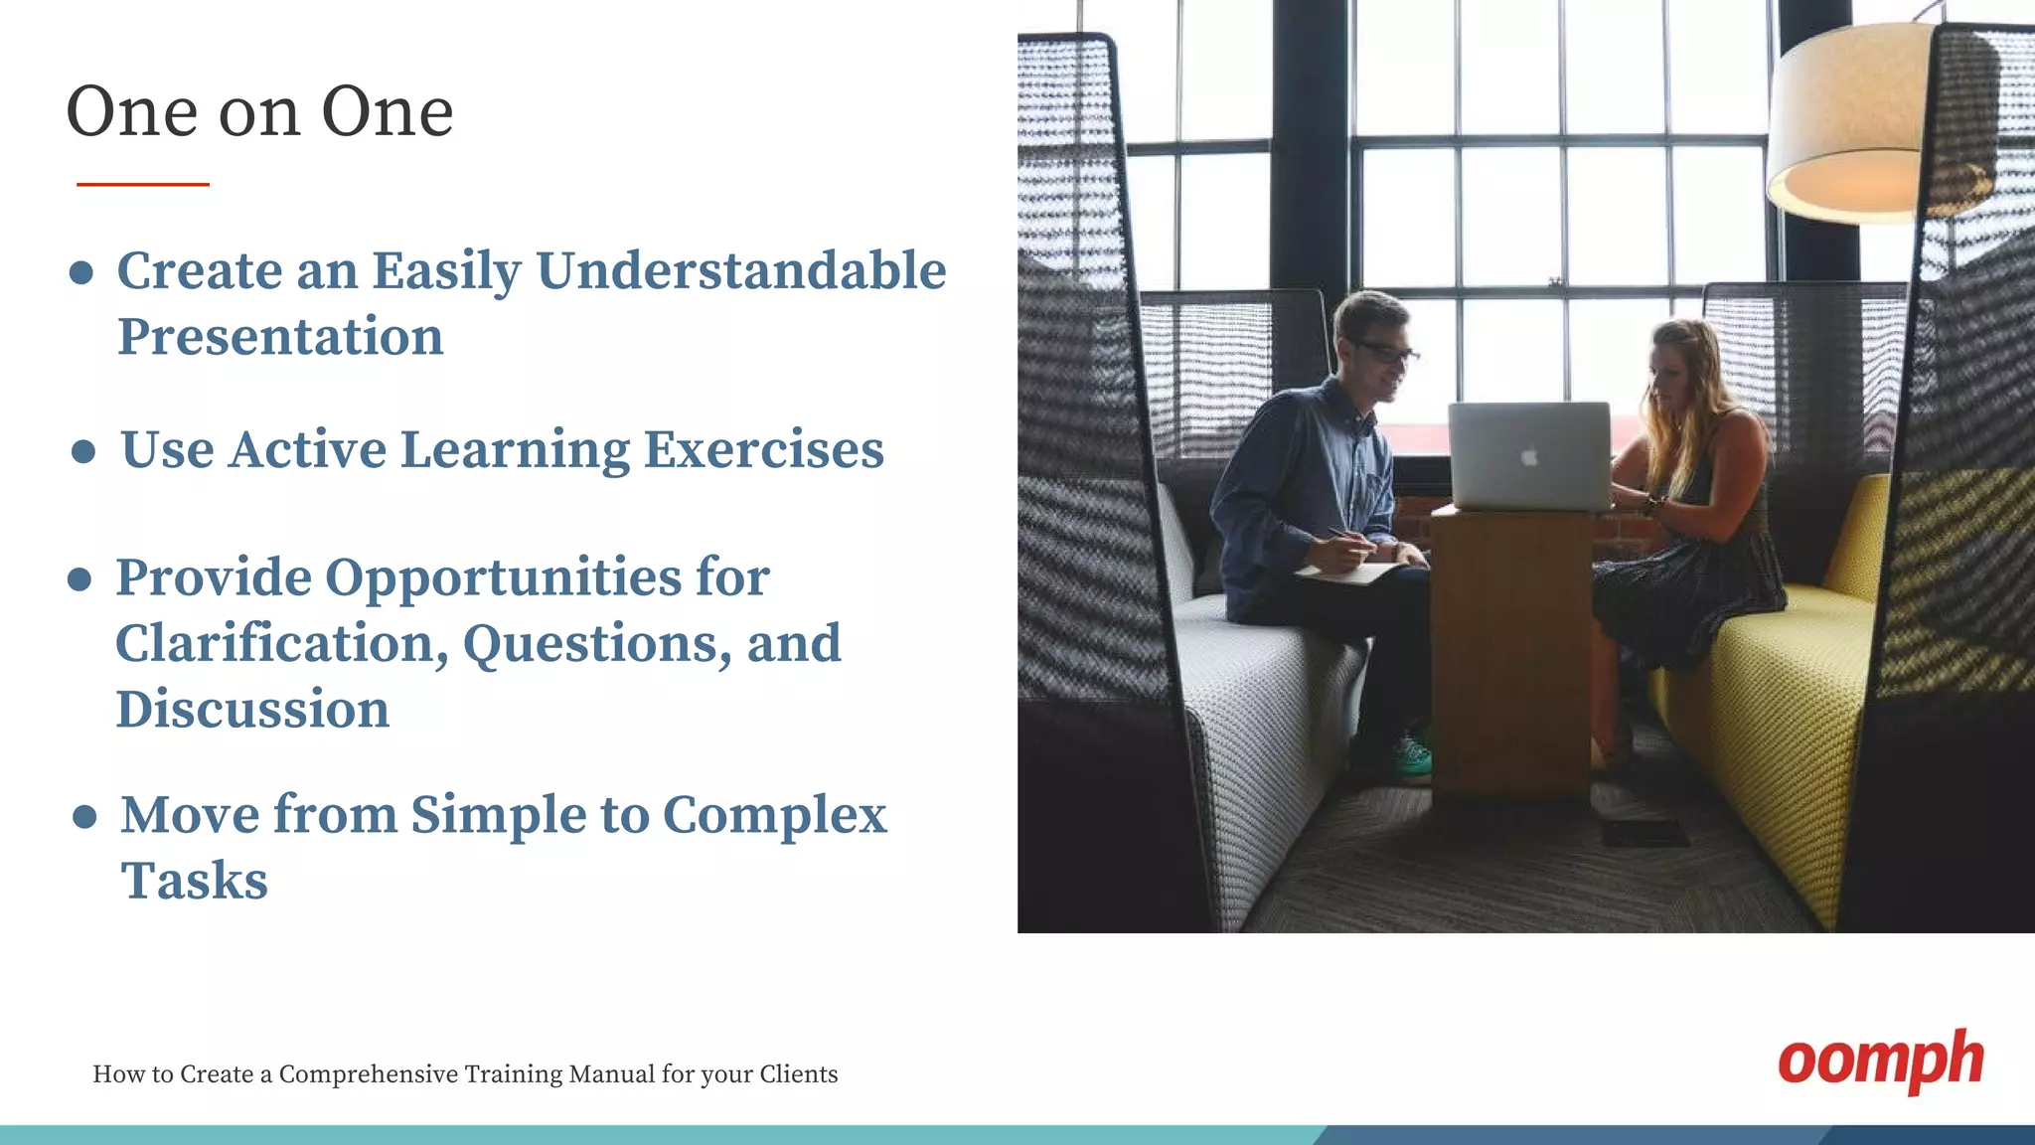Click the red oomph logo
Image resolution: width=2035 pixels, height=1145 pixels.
click(1880, 1062)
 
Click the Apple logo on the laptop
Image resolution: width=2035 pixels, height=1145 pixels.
click(1530, 457)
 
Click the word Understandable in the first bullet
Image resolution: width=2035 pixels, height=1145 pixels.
click(740, 270)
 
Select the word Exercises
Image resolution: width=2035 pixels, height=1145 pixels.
click(763, 449)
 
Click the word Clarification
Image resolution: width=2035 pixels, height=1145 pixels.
click(281, 643)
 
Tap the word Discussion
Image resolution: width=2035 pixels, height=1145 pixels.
click(252, 710)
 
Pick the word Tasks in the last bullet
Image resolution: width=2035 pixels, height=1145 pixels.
click(195, 881)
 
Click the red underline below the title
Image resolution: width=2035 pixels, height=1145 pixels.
click(143, 184)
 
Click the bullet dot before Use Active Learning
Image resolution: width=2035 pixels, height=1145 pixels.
click(84, 452)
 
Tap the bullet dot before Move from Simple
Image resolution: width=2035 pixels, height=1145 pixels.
click(85, 817)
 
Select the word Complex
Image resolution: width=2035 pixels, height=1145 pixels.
click(774, 815)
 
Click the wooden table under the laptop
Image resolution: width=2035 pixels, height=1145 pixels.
click(1509, 646)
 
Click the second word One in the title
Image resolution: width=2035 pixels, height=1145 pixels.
click(388, 111)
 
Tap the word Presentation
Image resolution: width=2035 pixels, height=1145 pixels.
click(280, 336)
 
